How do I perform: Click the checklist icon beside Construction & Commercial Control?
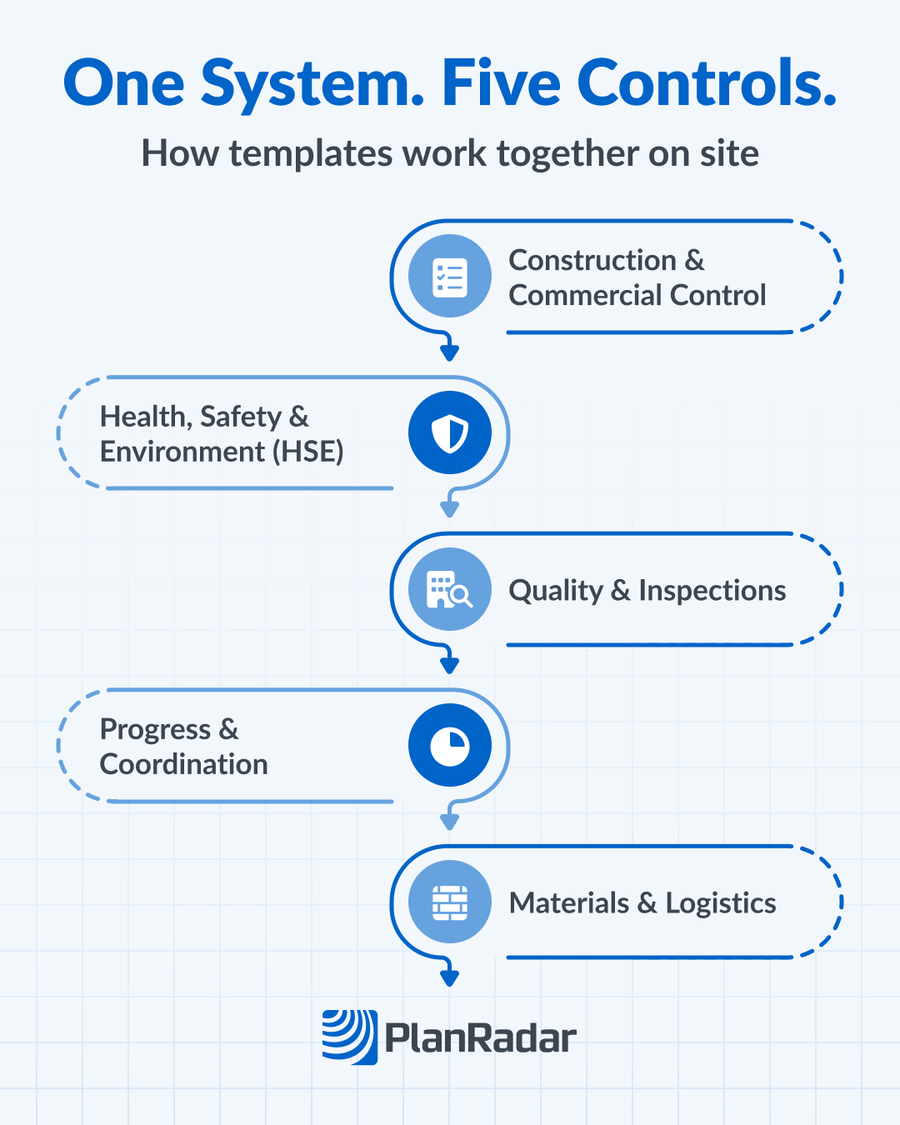point(450,277)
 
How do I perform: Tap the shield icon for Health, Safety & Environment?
point(450,432)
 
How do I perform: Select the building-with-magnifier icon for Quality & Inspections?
point(450,589)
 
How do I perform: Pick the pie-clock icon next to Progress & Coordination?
point(450,745)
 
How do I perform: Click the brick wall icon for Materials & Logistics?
point(450,902)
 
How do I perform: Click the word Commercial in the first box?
point(586,295)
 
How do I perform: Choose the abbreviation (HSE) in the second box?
point(307,452)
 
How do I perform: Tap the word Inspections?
point(712,590)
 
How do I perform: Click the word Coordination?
point(184,764)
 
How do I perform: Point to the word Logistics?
point(721,903)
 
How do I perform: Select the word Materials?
point(569,903)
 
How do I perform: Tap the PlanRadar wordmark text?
point(481,1038)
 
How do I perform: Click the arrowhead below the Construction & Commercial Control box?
point(450,352)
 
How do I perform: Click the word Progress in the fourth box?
point(155,730)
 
